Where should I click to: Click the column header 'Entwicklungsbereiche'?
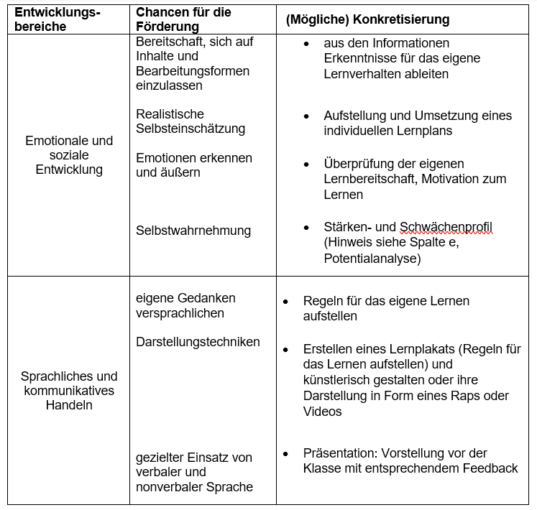(x=58, y=19)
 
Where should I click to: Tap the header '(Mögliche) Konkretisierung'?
(x=367, y=19)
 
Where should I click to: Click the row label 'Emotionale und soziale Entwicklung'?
(x=69, y=155)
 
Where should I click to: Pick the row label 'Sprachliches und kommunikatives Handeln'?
(x=69, y=391)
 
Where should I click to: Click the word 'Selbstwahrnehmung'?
(x=193, y=231)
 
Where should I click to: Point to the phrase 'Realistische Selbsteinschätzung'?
(x=191, y=121)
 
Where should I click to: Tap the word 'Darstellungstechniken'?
(x=198, y=342)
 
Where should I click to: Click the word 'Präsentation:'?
(x=339, y=453)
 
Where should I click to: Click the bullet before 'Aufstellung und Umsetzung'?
(x=307, y=116)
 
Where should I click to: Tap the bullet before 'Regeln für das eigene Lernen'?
(x=286, y=301)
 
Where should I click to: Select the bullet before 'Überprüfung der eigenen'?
(x=307, y=164)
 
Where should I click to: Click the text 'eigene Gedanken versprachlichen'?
(x=185, y=305)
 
